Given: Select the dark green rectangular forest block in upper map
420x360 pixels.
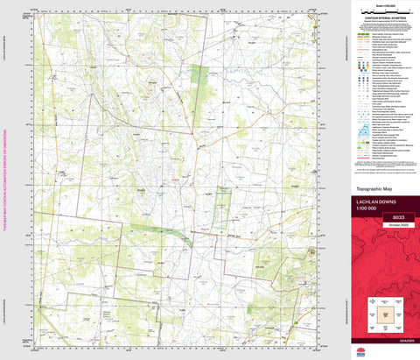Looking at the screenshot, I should [x=199, y=80].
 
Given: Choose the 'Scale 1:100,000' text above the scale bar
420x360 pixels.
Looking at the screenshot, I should [x=381, y=4].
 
